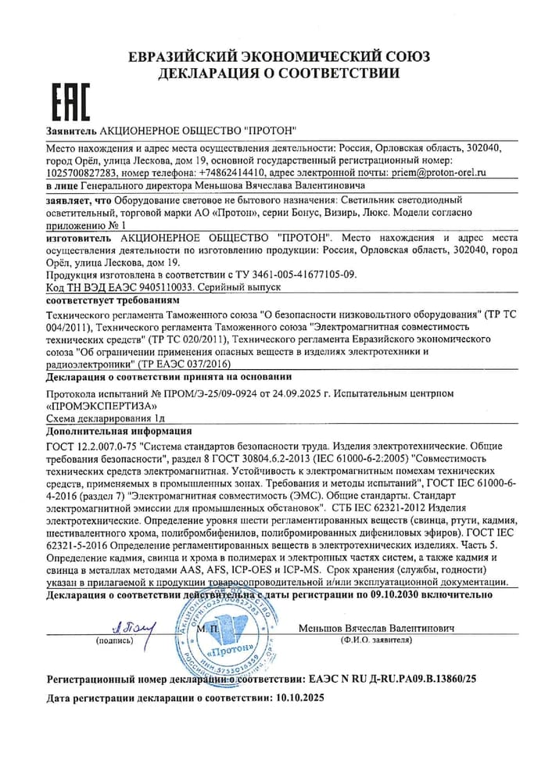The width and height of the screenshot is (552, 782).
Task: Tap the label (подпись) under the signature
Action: (114, 640)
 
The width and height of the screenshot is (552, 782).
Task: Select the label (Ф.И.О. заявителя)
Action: (376, 640)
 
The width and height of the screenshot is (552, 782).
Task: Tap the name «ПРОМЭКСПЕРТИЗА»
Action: (102, 407)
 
